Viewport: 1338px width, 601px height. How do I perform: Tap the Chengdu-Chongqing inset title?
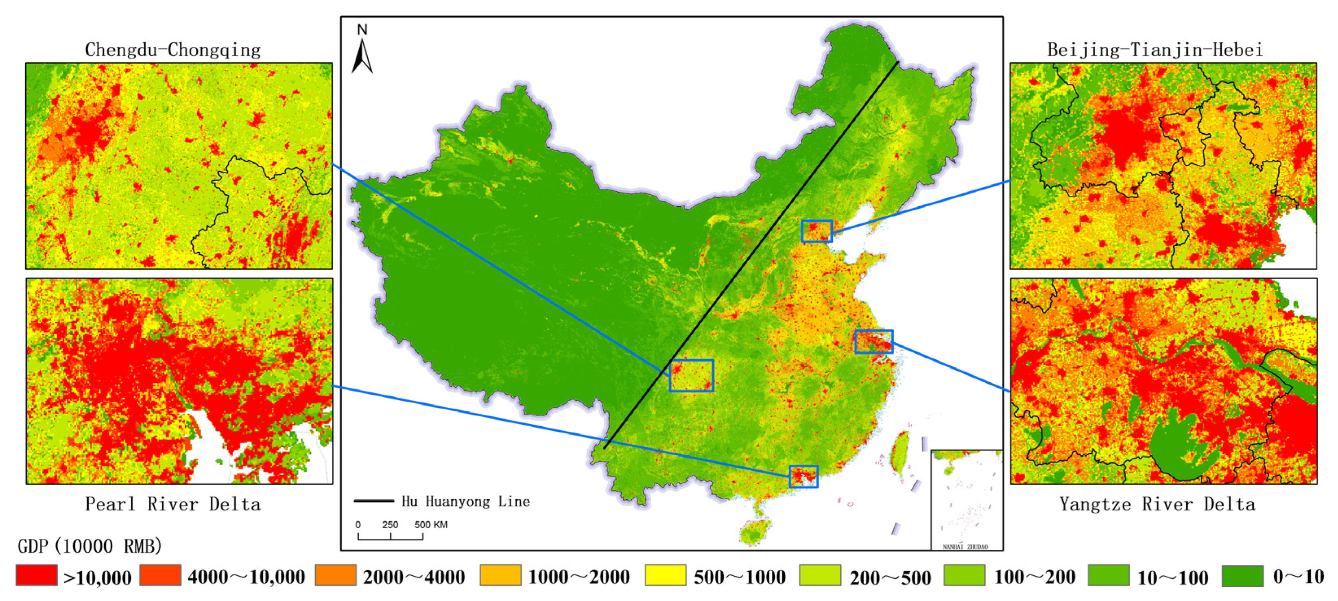(x=173, y=50)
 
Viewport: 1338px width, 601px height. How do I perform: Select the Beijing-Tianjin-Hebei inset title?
(x=1155, y=50)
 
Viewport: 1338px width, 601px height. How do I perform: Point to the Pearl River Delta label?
(x=173, y=504)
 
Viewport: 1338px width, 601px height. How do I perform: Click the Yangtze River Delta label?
(x=1158, y=504)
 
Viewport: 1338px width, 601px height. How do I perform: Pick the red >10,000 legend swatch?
(x=36, y=575)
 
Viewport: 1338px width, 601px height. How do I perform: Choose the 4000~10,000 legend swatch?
(x=161, y=575)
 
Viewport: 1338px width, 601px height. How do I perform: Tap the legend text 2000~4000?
(x=414, y=577)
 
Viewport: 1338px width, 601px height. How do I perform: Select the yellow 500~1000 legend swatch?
(x=666, y=575)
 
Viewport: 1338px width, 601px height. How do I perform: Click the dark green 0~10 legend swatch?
(x=1242, y=575)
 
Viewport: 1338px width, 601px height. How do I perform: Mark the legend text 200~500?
(x=890, y=577)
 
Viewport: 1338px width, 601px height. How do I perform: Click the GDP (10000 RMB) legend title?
(x=90, y=546)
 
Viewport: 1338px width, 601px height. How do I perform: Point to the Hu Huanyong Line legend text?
(x=466, y=501)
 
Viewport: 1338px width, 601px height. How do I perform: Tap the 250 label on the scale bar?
(x=390, y=525)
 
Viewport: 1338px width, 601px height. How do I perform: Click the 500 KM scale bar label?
(x=430, y=525)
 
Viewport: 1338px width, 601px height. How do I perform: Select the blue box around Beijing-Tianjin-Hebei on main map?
(x=816, y=231)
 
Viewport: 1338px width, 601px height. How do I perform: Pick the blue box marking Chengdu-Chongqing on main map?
(x=691, y=375)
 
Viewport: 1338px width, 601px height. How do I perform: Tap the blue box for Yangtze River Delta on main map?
(x=874, y=341)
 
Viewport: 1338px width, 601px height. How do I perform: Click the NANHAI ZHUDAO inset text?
(x=966, y=546)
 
